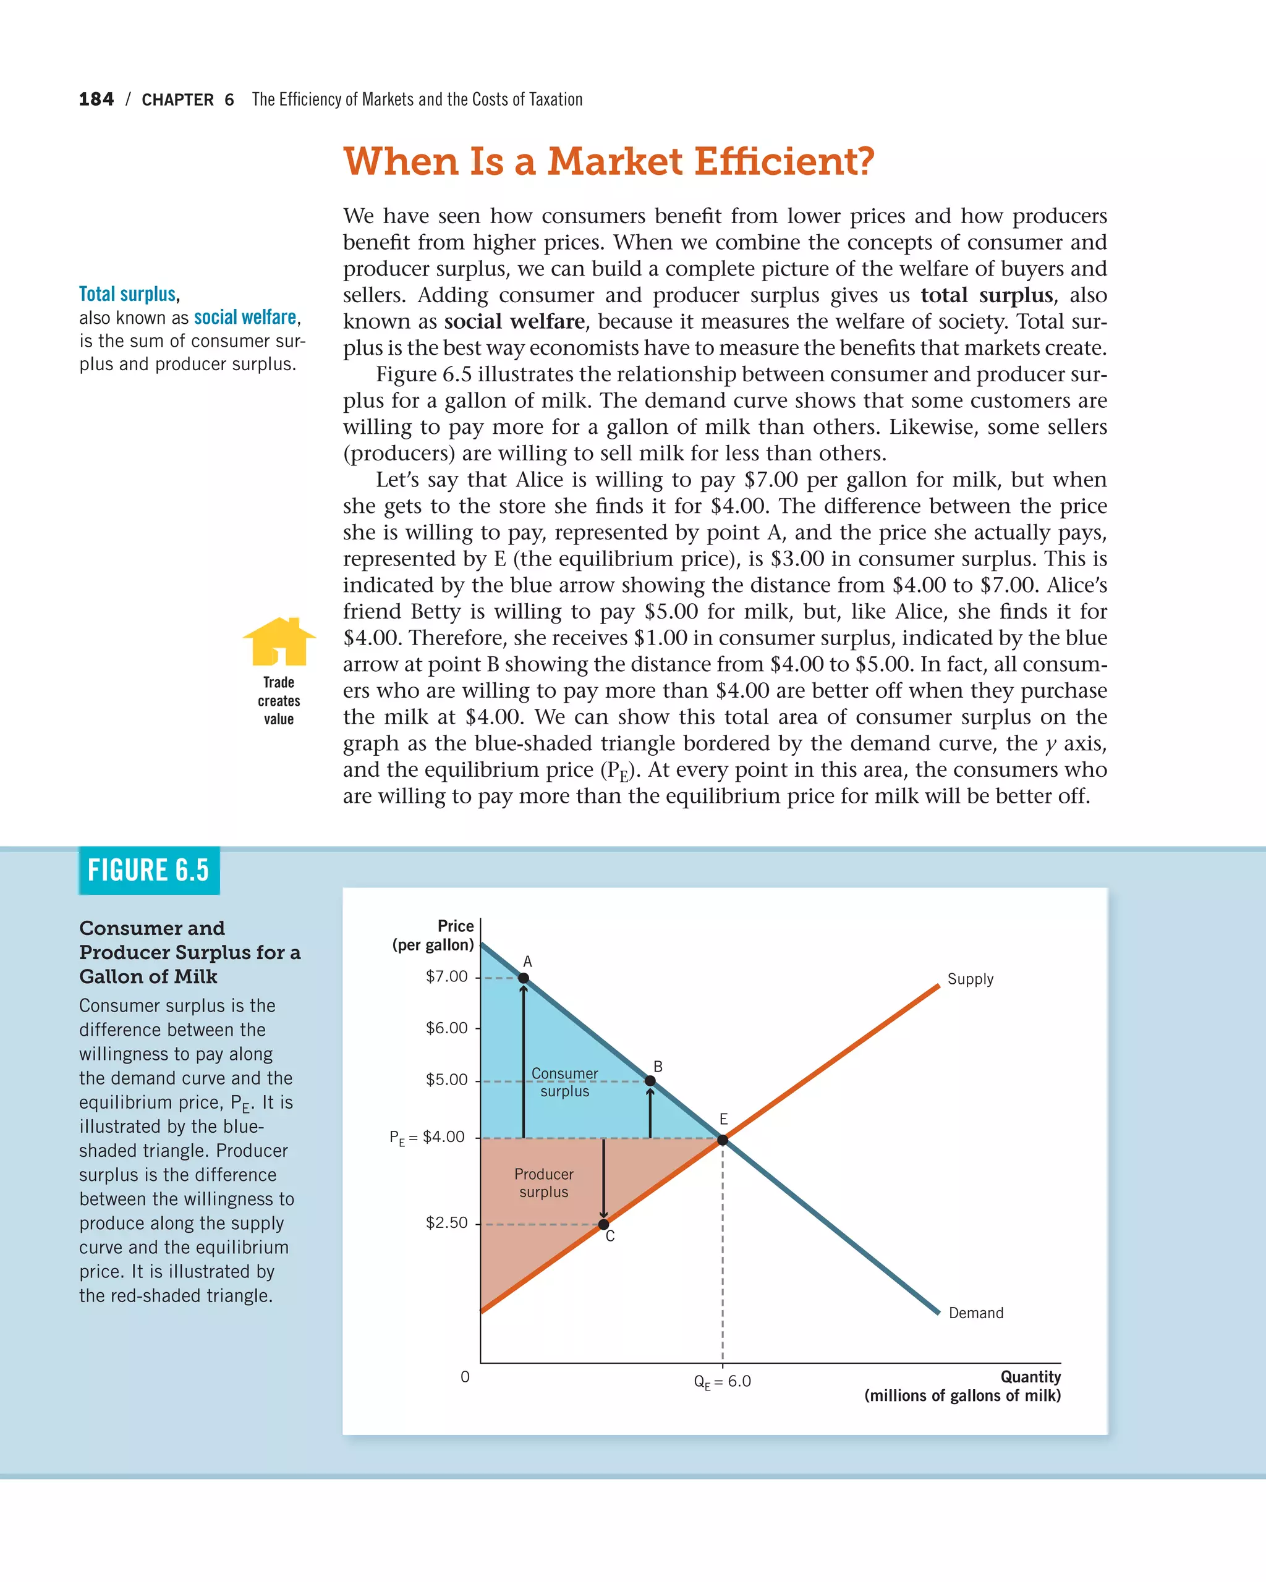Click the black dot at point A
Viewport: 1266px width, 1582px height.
pyautogui.click(x=524, y=978)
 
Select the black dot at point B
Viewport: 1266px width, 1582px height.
pyautogui.click(x=650, y=1081)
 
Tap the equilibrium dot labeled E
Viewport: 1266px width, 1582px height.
pyautogui.click(x=723, y=1140)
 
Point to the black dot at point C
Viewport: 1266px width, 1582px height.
pyautogui.click(x=603, y=1224)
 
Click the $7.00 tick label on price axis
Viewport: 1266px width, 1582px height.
pyautogui.click(x=446, y=976)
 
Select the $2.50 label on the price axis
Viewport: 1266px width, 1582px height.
pyautogui.click(x=446, y=1222)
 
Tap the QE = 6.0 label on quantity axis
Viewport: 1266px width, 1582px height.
pyautogui.click(x=722, y=1382)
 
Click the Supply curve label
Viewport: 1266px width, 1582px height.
pyautogui.click(x=971, y=979)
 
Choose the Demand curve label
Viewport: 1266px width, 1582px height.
pyautogui.click(x=975, y=1313)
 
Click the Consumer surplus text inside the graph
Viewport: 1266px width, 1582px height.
pyautogui.click(x=564, y=1082)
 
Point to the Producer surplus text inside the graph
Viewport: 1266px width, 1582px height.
pyautogui.click(x=544, y=1183)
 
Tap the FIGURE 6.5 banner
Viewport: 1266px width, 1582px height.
pyautogui.click(x=149, y=871)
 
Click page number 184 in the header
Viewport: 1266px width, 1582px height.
pyautogui.click(x=96, y=99)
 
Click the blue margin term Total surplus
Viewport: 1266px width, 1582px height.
pyautogui.click(x=128, y=294)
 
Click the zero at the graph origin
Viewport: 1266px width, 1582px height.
pyautogui.click(x=465, y=1377)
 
